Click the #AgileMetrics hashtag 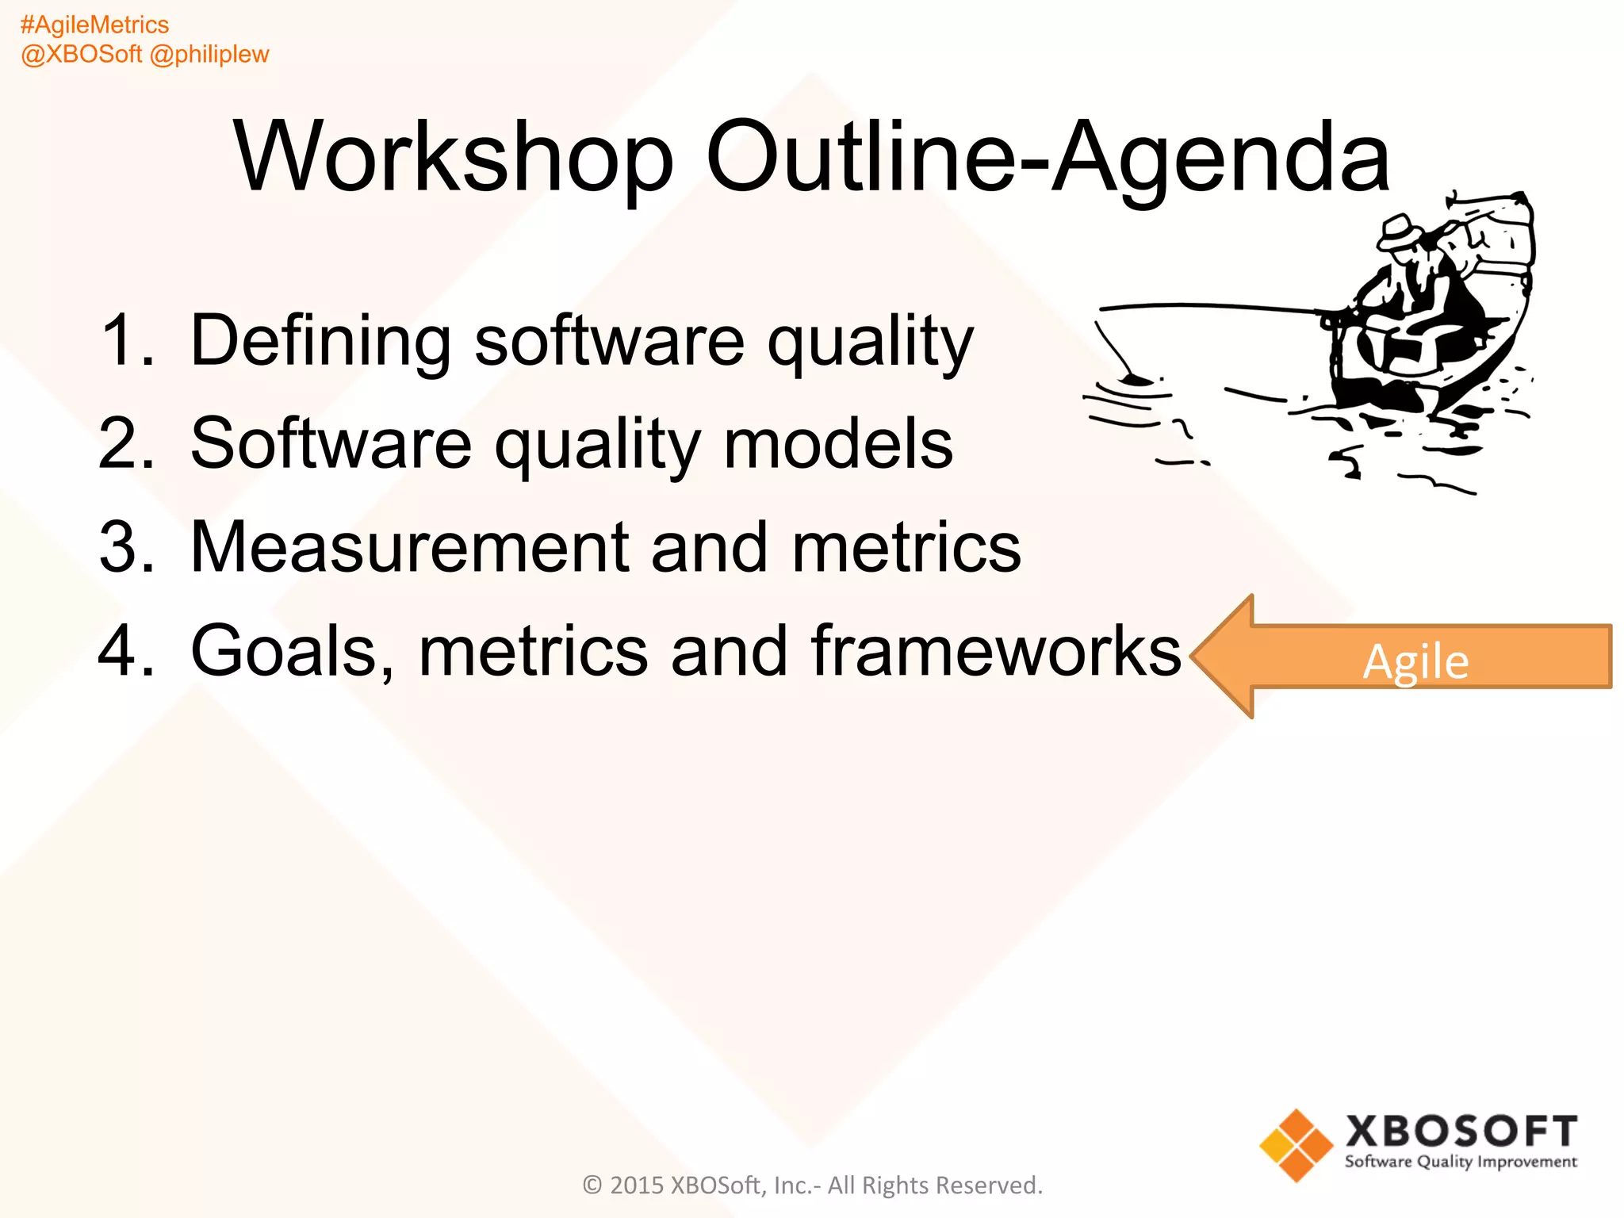point(94,25)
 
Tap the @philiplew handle point(209,55)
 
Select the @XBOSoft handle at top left point(82,55)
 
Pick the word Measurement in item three point(408,547)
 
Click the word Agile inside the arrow point(1415,662)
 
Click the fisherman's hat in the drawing point(1400,230)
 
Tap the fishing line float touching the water point(1136,380)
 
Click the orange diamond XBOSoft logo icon point(1296,1145)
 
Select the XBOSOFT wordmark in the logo point(1461,1132)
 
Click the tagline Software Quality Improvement point(1461,1162)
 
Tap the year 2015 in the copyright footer point(637,1185)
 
